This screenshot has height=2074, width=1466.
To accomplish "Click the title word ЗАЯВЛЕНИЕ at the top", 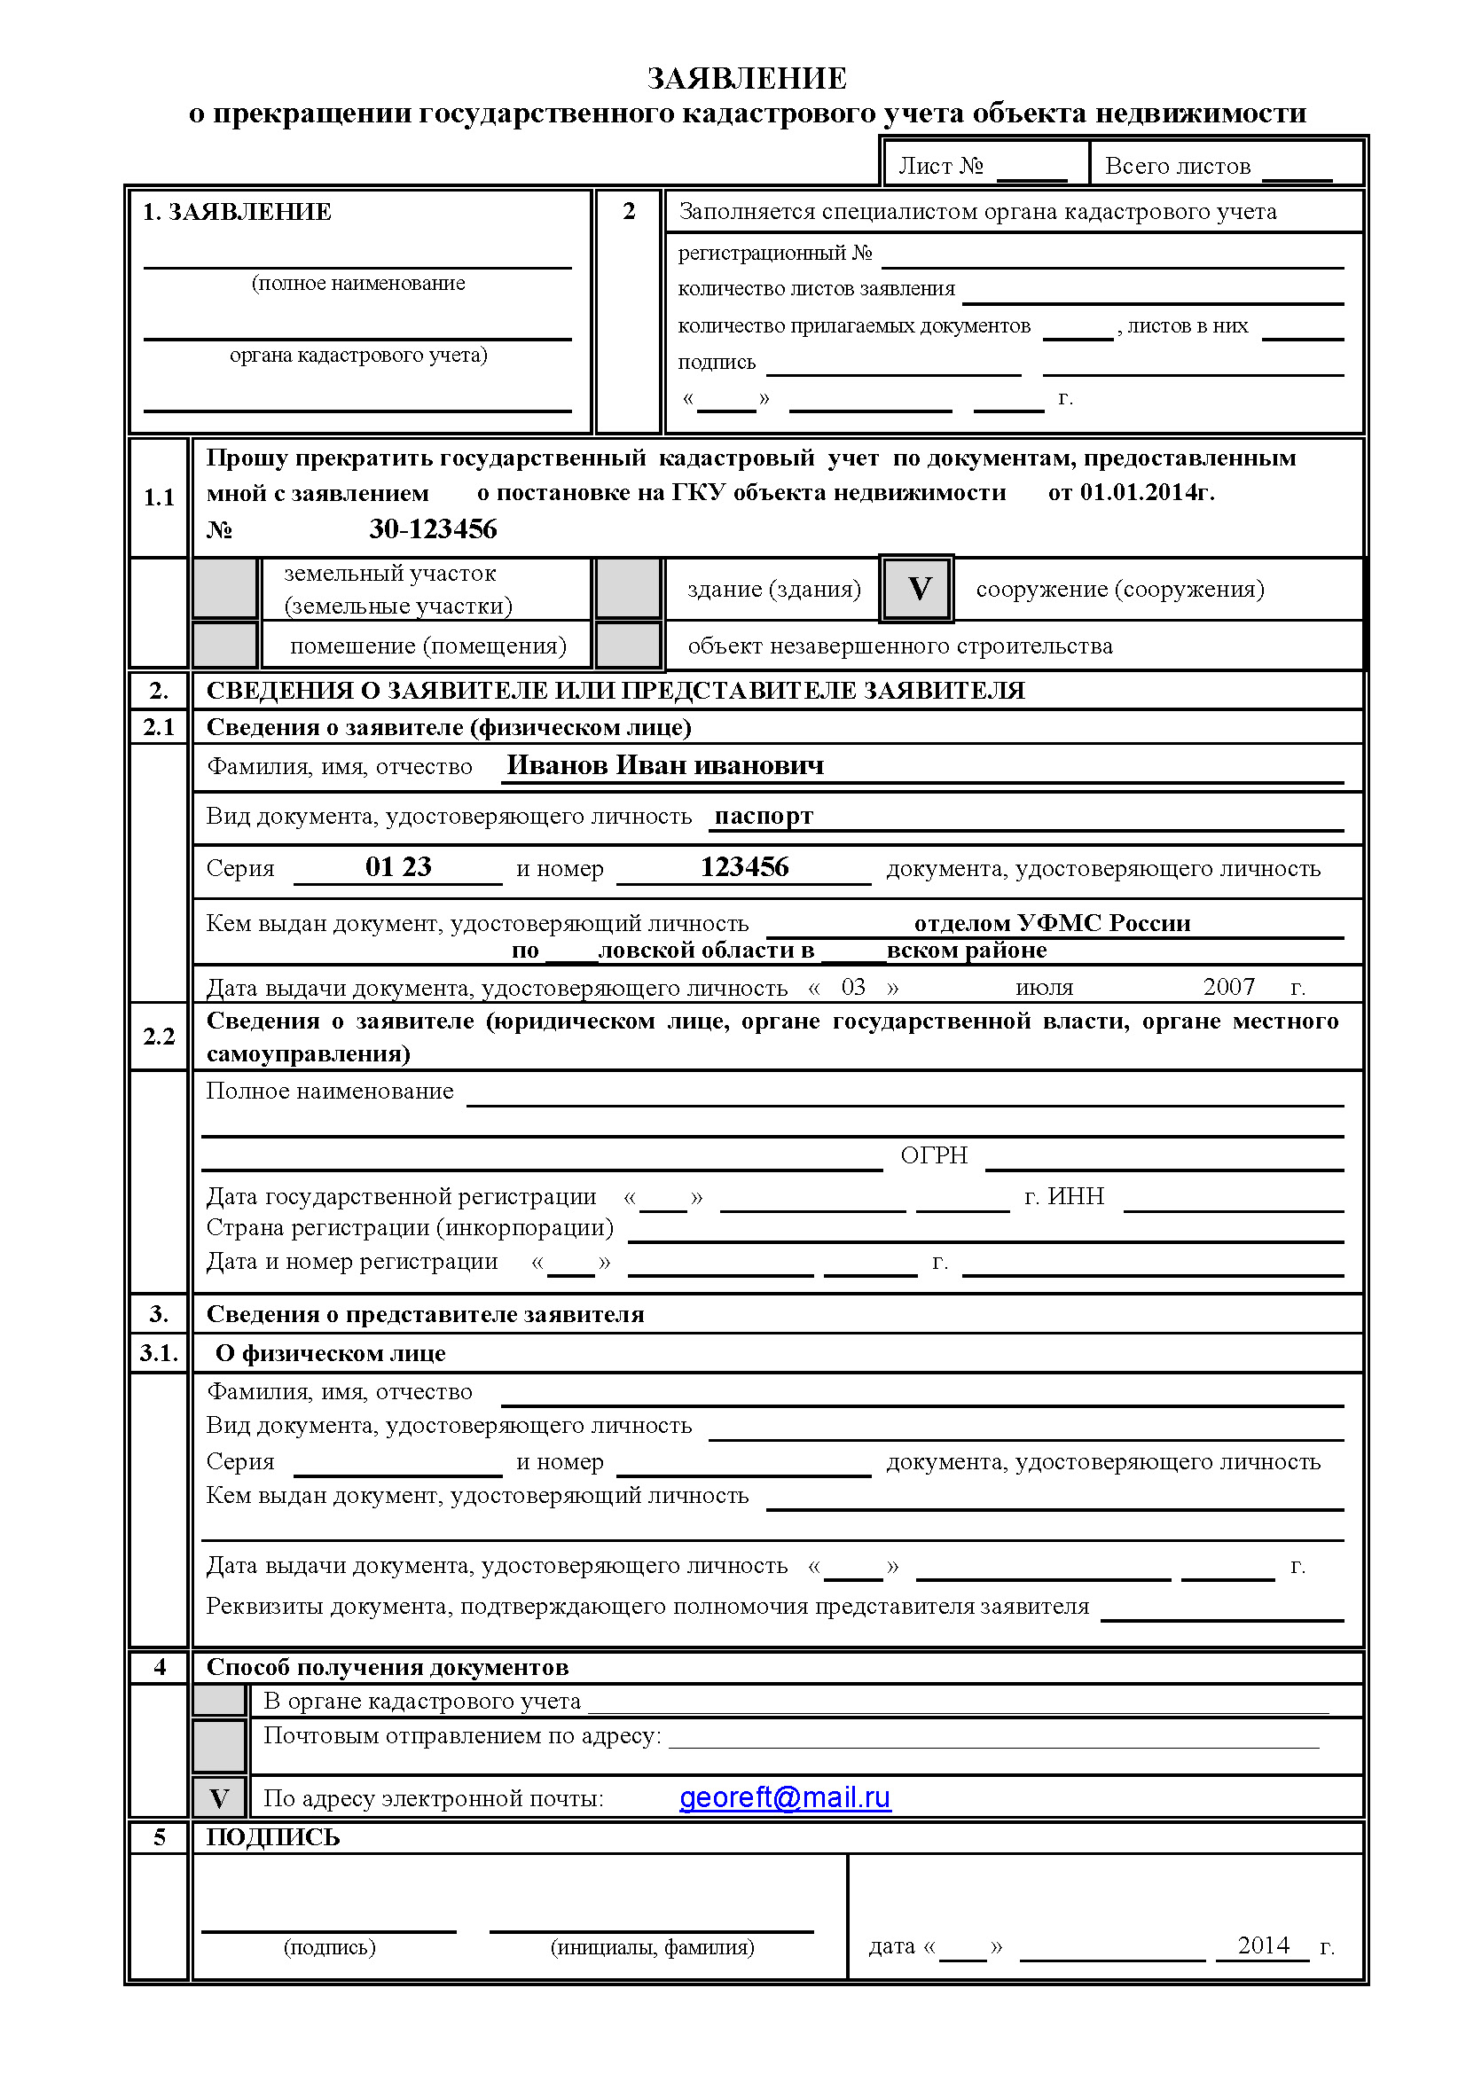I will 746,79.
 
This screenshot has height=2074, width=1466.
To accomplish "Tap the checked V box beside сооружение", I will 917,589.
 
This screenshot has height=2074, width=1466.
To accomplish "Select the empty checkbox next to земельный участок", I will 225,589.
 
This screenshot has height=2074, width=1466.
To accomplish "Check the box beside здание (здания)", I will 628,589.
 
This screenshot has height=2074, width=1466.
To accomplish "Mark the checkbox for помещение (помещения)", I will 225,646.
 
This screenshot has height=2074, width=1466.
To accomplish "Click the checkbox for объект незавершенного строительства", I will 628,646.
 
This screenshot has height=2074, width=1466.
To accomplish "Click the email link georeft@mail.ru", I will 784,1797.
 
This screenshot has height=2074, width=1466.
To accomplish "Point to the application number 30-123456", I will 433,529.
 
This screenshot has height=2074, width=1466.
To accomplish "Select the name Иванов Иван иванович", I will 665,766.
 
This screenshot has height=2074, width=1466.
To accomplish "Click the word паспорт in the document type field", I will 764,817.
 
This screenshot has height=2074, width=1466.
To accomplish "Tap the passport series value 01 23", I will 398,867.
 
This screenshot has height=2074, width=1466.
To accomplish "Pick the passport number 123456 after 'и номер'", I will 744,867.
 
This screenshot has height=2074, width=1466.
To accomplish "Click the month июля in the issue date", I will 1044,987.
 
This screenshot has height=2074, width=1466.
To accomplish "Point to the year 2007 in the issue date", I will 1228,987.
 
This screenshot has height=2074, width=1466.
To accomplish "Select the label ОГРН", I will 933,1155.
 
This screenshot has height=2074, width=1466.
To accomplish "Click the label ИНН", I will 1076,1196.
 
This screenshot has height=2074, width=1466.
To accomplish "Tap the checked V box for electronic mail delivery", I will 218,1797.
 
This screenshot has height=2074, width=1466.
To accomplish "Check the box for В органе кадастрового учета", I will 218,1701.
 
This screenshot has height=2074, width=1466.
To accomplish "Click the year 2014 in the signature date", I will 1263,1945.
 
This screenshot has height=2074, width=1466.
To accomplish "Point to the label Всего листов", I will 1177,166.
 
